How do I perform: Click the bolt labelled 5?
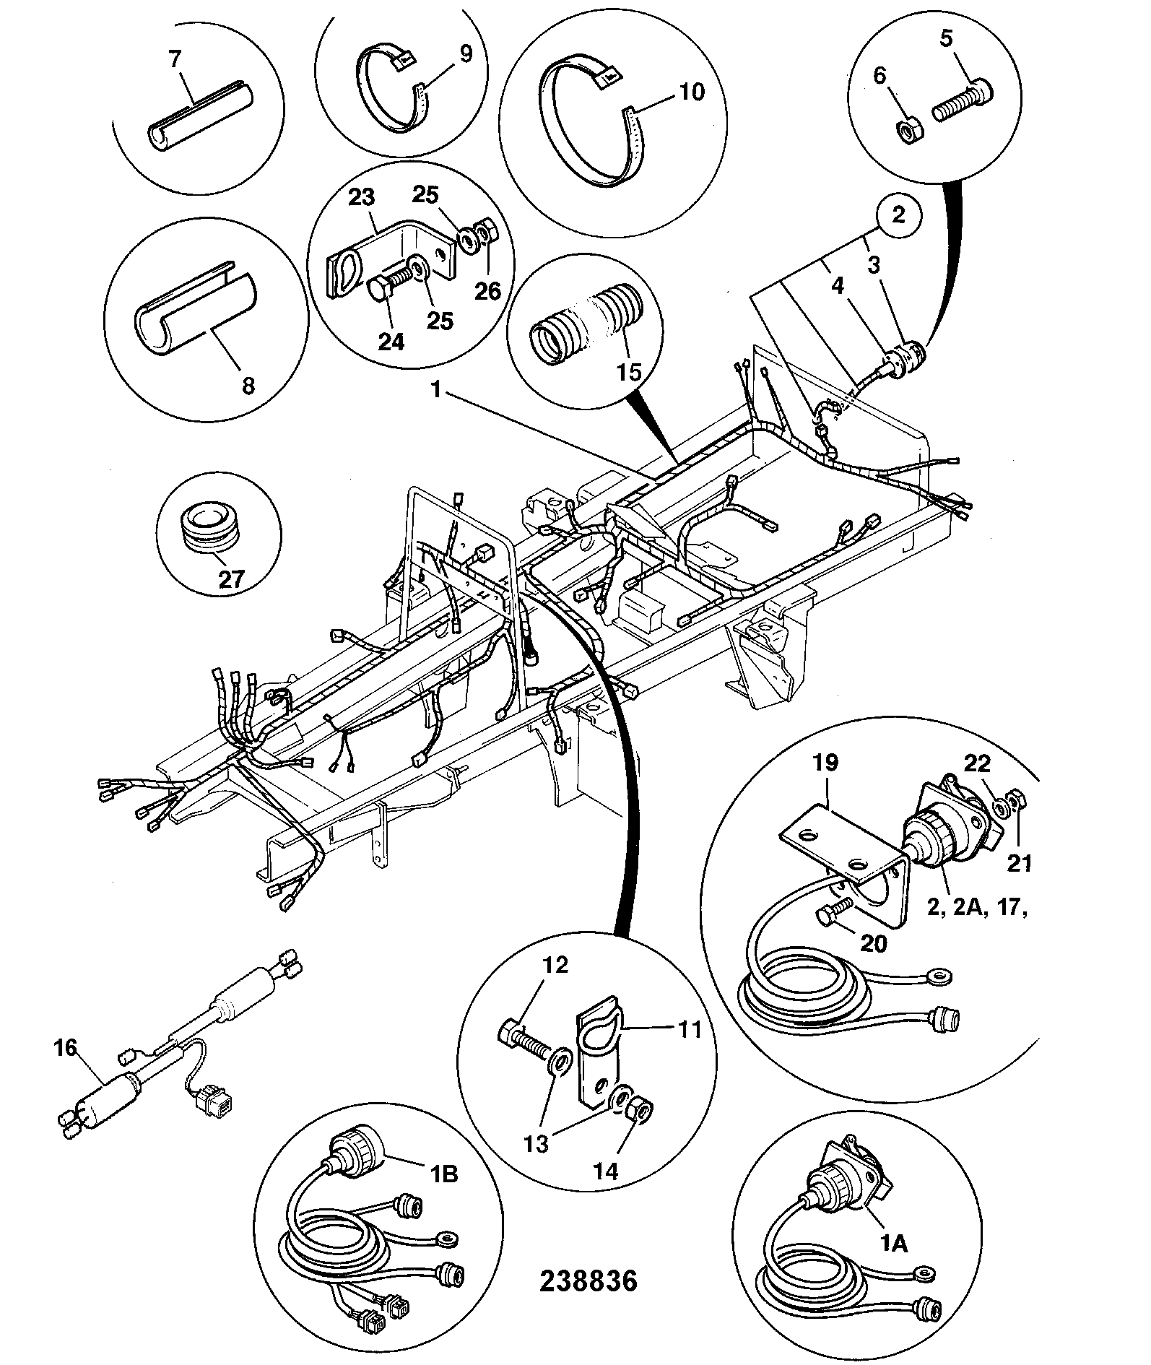coord(962,103)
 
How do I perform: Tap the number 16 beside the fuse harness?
coord(66,1047)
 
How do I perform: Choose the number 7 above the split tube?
coord(175,59)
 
